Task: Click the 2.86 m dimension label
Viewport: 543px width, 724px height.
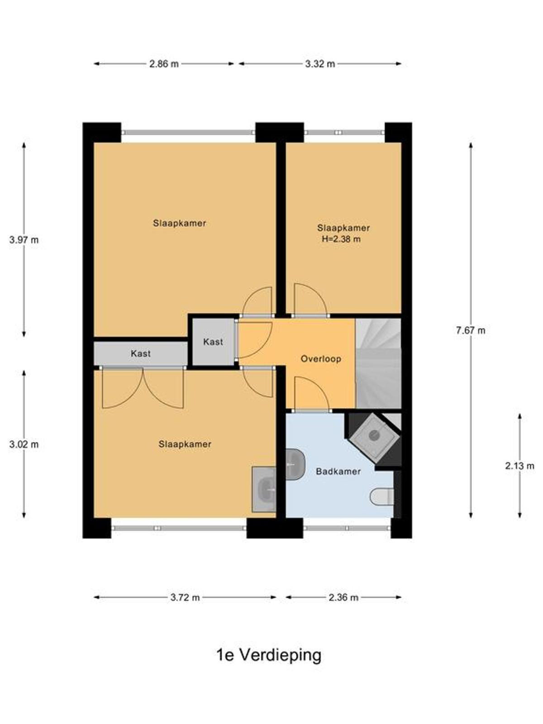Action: (x=164, y=64)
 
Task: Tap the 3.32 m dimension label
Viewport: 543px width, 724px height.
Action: (x=320, y=64)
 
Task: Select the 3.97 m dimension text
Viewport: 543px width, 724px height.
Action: (x=24, y=240)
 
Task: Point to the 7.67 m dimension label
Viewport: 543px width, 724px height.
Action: (x=471, y=330)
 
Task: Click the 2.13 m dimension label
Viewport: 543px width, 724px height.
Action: (x=519, y=466)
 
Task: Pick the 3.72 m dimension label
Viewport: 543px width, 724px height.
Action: (x=185, y=597)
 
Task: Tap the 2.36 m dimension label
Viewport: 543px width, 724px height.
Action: (x=343, y=597)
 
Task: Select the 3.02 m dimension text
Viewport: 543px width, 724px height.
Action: (x=24, y=445)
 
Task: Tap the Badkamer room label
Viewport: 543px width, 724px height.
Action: (x=338, y=472)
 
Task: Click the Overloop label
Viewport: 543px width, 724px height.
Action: (x=321, y=359)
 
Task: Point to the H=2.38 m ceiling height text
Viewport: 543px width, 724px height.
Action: (x=341, y=239)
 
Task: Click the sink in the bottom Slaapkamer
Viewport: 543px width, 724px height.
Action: (x=264, y=489)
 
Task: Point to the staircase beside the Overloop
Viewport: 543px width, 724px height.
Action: (x=378, y=363)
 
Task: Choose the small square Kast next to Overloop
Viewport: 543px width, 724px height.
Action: (x=213, y=342)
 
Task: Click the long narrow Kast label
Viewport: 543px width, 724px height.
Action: (x=141, y=353)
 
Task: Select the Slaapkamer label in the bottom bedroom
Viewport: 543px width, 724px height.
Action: (x=185, y=444)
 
